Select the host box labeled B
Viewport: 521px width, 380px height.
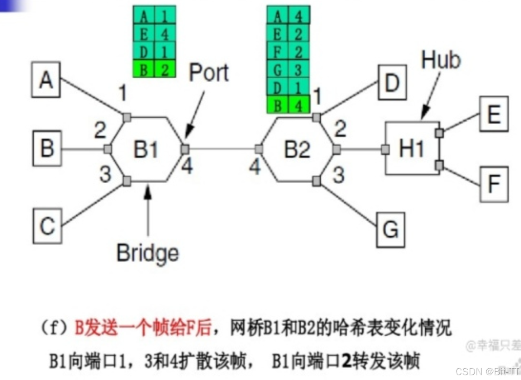pyautogui.click(x=47, y=149)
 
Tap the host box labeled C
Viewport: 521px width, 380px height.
pyautogui.click(x=47, y=226)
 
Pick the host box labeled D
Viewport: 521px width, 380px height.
pyautogui.click(x=392, y=82)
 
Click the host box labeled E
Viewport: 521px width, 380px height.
pyautogui.click(x=494, y=114)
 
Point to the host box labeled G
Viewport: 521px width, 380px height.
pyautogui.click(x=390, y=229)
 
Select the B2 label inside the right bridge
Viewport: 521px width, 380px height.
pyautogui.click(x=296, y=150)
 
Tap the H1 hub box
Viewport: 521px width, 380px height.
pyautogui.click(x=412, y=149)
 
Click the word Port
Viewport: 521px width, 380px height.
pyautogui.click(x=208, y=73)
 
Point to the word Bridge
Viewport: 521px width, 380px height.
pyautogui.click(x=147, y=252)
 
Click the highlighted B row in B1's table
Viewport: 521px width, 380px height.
pyautogui.click(x=154, y=69)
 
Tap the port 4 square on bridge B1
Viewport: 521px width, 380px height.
pyautogui.click(x=185, y=149)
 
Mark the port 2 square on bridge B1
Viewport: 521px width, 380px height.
pyautogui.click(x=107, y=149)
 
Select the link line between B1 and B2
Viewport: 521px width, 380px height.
pyautogui.click(x=222, y=149)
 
